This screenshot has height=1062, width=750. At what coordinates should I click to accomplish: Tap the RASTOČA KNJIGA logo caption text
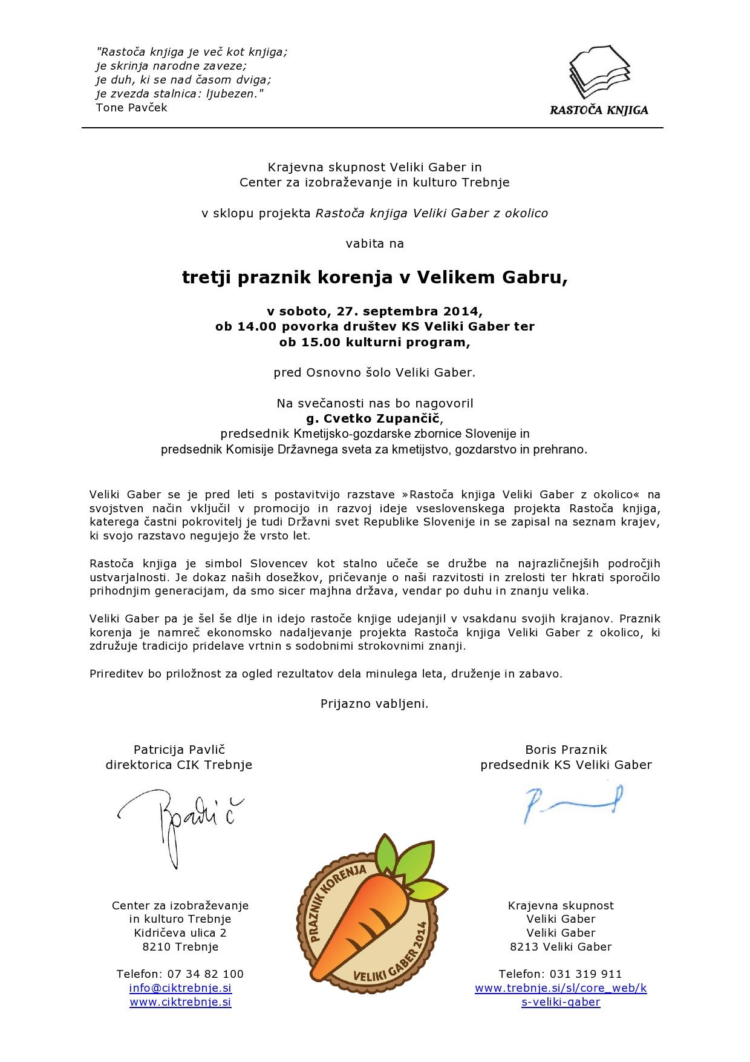coord(598,110)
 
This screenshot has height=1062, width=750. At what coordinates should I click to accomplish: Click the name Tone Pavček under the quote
coord(131,108)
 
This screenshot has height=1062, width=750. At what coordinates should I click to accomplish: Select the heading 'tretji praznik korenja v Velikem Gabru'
coord(375,277)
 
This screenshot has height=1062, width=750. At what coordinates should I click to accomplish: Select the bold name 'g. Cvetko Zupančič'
coord(374,418)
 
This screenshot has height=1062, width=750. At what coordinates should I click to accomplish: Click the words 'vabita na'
coord(374,244)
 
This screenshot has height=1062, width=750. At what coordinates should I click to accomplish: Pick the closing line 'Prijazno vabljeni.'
coord(374,704)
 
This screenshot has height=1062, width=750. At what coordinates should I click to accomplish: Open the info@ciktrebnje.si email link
coord(180,988)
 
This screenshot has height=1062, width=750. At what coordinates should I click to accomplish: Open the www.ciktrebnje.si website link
coord(180,1002)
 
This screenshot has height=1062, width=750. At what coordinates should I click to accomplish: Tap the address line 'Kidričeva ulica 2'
coord(180,933)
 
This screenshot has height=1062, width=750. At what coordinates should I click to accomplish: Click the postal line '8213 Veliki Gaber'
coord(561,947)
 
